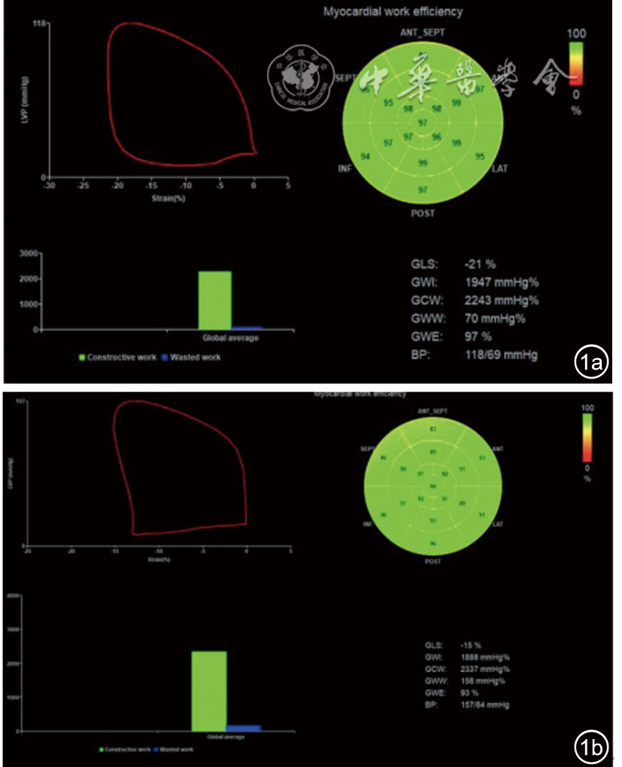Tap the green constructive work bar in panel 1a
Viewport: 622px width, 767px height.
click(214, 300)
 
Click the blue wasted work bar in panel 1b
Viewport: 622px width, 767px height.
click(244, 728)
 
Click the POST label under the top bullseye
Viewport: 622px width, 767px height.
click(422, 213)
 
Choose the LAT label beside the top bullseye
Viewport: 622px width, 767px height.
click(500, 168)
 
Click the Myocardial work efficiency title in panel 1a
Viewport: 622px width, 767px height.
click(393, 11)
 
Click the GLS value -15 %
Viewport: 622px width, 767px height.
click(472, 645)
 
